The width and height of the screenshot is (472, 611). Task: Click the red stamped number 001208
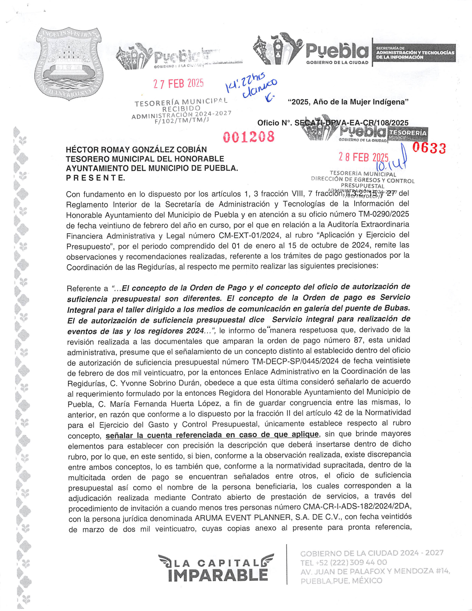[x=249, y=137]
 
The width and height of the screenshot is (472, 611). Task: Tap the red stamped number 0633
[x=429, y=148]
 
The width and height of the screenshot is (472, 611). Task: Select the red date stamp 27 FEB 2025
[x=178, y=84]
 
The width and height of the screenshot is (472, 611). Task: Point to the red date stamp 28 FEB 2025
[x=363, y=157]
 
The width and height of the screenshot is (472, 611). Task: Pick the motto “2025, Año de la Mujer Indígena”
[x=348, y=102]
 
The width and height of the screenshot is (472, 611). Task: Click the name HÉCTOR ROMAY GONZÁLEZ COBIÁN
[x=136, y=150]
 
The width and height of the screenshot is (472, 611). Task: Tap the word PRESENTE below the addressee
[x=95, y=178]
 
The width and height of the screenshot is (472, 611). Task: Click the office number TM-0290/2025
[x=383, y=214]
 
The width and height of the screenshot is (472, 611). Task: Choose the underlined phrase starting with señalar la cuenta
[x=212, y=435]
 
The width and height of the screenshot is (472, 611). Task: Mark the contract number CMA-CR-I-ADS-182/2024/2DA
[x=357, y=507]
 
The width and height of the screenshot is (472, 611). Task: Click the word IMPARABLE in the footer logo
[x=218, y=575]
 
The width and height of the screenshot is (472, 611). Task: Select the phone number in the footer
[x=344, y=562]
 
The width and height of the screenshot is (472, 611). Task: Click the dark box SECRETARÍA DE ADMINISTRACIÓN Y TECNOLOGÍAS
[x=415, y=52]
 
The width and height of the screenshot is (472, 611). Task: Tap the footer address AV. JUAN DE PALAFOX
[x=375, y=571]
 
